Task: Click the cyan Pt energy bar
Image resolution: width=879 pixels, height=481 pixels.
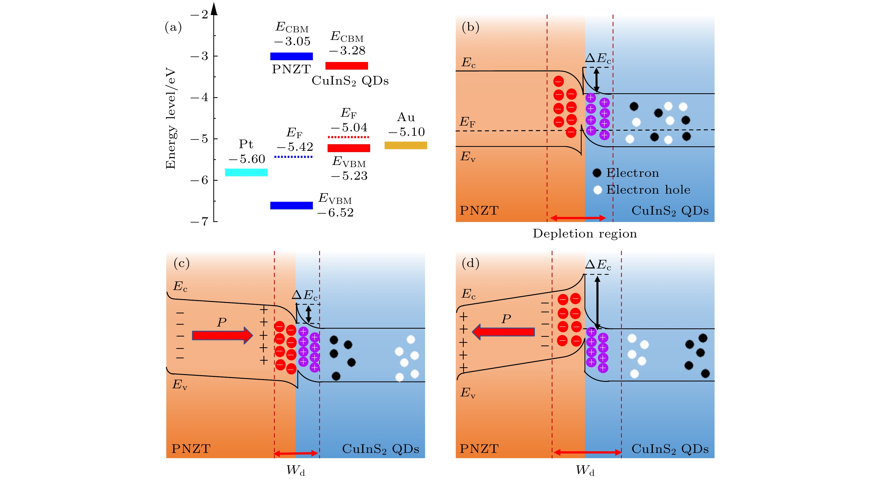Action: pyautogui.click(x=246, y=172)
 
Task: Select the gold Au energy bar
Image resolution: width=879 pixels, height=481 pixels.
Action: pyautogui.click(x=405, y=145)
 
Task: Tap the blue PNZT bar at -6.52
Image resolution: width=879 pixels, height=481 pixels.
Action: pyautogui.click(x=291, y=205)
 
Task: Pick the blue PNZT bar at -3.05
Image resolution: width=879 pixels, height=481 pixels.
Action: pyautogui.click(x=291, y=56)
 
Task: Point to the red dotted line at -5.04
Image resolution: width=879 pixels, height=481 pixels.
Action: pyautogui.click(x=348, y=137)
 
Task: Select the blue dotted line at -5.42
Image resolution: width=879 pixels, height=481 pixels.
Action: pyautogui.click(x=294, y=157)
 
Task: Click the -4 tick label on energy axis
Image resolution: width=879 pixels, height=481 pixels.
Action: pyautogui.click(x=199, y=97)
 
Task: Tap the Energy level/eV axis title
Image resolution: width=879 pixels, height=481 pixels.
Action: pyautogui.click(x=170, y=118)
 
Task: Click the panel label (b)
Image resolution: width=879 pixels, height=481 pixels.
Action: pyautogui.click(x=470, y=27)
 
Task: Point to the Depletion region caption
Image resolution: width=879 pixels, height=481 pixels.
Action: pyautogui.click(x=585, y=234)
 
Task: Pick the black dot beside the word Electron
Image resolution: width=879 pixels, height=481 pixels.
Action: pyautogui.click(x=597, y=173)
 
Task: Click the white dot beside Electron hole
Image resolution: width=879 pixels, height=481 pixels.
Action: pyautogui.click(x=597, y=190)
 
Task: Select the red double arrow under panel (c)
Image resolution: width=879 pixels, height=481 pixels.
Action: pyautogui.click(x=296, y=453)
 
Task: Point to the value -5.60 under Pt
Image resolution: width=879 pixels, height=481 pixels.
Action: pyautogui.click(x=247, y=159)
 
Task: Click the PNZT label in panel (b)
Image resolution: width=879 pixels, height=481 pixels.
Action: pyautogui.click(x=479, y=210)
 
